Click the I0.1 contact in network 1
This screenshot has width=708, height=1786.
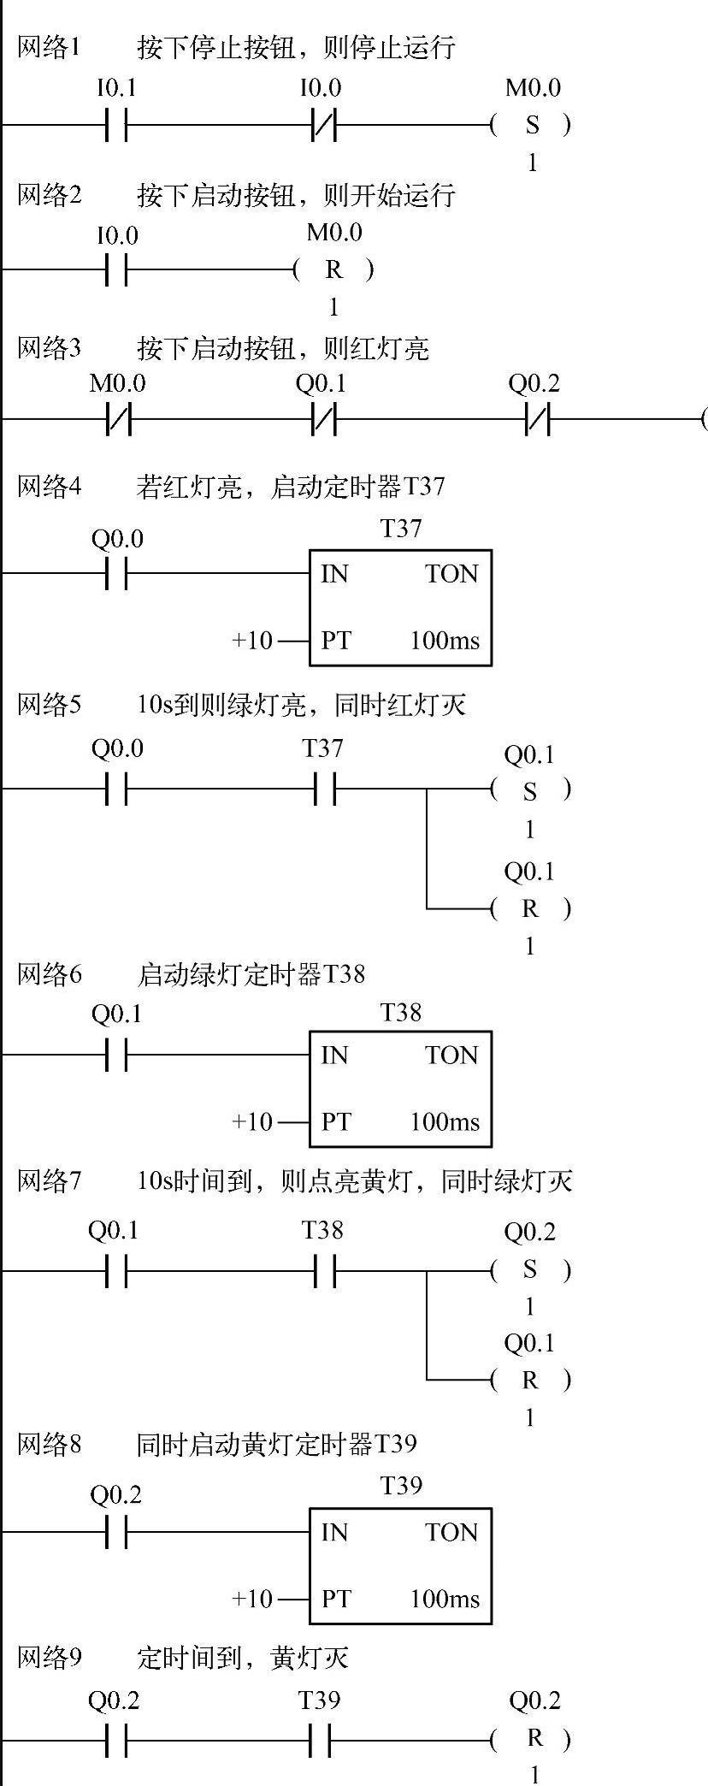coord(116,126)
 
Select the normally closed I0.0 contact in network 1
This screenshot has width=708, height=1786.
coord(323,126)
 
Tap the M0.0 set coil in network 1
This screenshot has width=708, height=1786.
coord(532,125)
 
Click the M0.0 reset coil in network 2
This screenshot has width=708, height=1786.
coord(333,270)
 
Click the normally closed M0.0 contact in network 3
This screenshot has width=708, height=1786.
coord(118,420)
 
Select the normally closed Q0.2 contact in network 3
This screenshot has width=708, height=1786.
coord(536,420)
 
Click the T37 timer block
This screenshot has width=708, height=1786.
coord(400,607)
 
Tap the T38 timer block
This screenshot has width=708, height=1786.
coord(400,1089)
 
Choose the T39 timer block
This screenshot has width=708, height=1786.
coord(400,1566)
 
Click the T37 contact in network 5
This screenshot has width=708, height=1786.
coord(323,789)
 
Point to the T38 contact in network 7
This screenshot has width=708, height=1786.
coord(323,1270)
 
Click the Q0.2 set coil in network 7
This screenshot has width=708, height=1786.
coord(530,1270)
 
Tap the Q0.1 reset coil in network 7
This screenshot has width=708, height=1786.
coord(530,1380)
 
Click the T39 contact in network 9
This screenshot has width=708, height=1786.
coord(320,1740)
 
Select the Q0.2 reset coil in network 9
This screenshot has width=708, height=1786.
coord(534,1739)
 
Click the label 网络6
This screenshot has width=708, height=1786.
coord(50,974)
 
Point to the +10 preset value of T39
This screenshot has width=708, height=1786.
coord(252,1599)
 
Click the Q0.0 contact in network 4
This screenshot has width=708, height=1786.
coord(116,574)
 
